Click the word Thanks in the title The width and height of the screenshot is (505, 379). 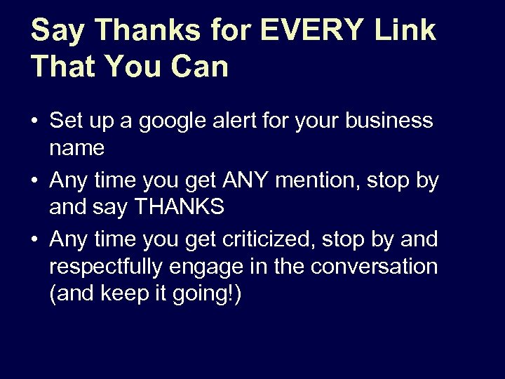pos(135,31)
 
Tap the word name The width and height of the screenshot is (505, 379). pos(77,148)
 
